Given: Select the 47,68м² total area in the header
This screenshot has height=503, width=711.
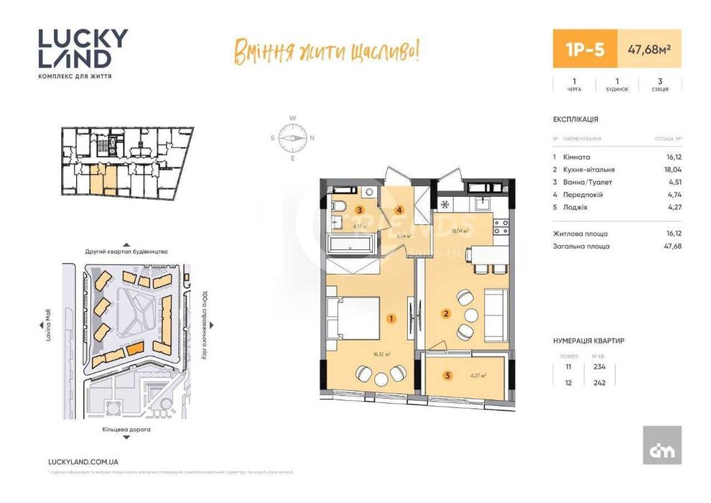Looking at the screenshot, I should coord(643,50).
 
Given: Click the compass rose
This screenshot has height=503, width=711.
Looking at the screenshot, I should coord(293,137).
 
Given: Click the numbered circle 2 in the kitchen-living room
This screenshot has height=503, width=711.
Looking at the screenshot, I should coord(445,313).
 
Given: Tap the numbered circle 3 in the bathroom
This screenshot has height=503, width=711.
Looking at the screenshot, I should coord(360,211).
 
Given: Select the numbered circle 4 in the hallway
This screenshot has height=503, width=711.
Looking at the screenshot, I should coord(400,211).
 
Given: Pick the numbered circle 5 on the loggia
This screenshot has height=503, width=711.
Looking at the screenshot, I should coord(447,374).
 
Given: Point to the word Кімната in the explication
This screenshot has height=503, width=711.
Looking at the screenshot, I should coord(577,157).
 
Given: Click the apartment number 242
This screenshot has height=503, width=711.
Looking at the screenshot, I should coord(599,382).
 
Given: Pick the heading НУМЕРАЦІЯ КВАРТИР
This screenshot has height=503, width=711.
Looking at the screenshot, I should coord(588,340).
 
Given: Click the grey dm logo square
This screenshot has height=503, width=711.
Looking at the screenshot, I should coord(661,445).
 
